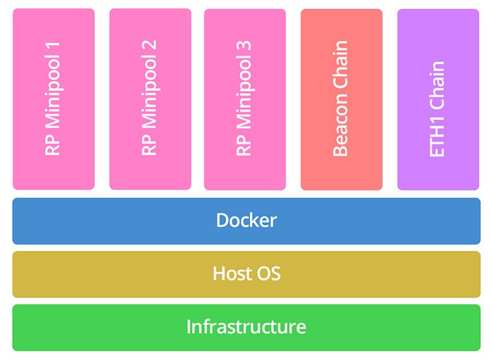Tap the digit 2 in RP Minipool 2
[x=149, y=49]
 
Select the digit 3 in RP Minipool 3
[x=244, y=49]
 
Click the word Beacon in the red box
[x=341, y=126]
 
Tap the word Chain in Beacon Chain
[x=341, y=68]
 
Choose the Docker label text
[x=246, y=221]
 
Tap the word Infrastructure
[x=246, y=327]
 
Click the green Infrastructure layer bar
[x=85, y=328]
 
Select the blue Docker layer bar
[x=85, y=221]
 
